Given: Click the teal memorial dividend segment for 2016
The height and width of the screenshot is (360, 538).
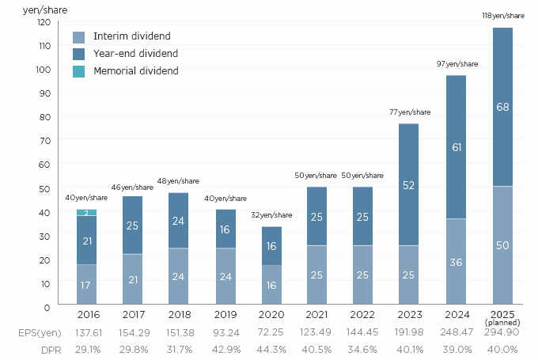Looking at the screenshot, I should click(x=86, y=212).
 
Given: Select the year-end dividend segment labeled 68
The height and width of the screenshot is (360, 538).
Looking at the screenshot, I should click(x=502, y=107).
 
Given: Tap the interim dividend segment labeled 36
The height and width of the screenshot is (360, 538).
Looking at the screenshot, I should click(x=457, y=262).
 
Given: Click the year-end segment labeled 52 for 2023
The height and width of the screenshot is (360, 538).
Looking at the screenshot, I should click(x=410, y=184).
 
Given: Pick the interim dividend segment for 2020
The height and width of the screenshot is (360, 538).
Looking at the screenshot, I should click(x=271, y=285).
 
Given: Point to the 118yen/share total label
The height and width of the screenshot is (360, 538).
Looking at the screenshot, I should click(x=503, y=15).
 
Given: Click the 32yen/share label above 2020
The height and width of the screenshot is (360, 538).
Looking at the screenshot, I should click(x=271, y=214).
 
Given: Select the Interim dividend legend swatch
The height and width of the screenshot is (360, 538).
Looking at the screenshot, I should click(x=78, y=36).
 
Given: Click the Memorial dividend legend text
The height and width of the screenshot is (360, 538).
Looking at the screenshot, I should click(x=135, y=71).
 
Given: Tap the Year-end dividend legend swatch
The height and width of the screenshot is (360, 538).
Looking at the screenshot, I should click(x=78, y=54).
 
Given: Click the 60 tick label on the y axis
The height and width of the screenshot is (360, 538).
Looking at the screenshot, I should click(x=46, y=164).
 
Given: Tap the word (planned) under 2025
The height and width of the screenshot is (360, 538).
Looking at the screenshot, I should click(x=503, y=324).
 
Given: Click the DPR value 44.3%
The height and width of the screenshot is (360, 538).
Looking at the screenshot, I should click(x=271, y=350).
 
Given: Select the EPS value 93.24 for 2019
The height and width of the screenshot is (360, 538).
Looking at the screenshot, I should click(x=225, y=335).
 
